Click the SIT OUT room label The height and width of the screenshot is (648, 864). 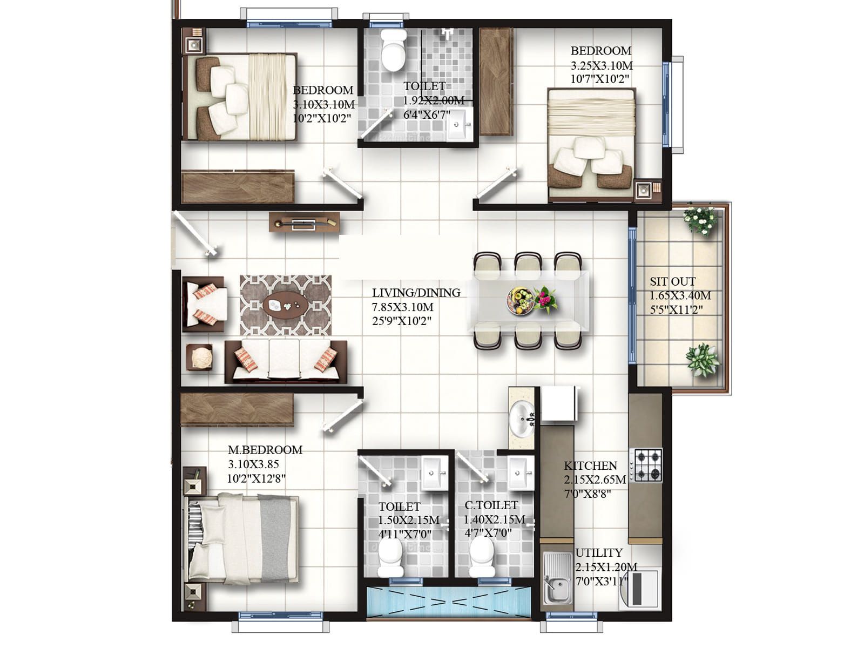672,281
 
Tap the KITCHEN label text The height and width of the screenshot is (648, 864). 590,466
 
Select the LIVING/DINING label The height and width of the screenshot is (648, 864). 416,292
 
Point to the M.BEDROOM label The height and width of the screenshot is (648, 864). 265,450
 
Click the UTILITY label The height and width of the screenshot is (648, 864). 599,553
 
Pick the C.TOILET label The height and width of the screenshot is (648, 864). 491,505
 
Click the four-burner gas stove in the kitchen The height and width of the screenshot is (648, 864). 646,465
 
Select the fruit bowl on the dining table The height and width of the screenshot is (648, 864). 519,300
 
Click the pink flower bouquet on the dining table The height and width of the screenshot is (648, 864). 545,299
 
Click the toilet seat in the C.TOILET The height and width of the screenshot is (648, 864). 482,557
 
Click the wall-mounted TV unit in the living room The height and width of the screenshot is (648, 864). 304,222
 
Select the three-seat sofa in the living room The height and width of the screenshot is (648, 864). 286,361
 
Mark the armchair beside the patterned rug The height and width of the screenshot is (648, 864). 204,303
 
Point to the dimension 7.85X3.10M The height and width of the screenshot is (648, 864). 403,307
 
